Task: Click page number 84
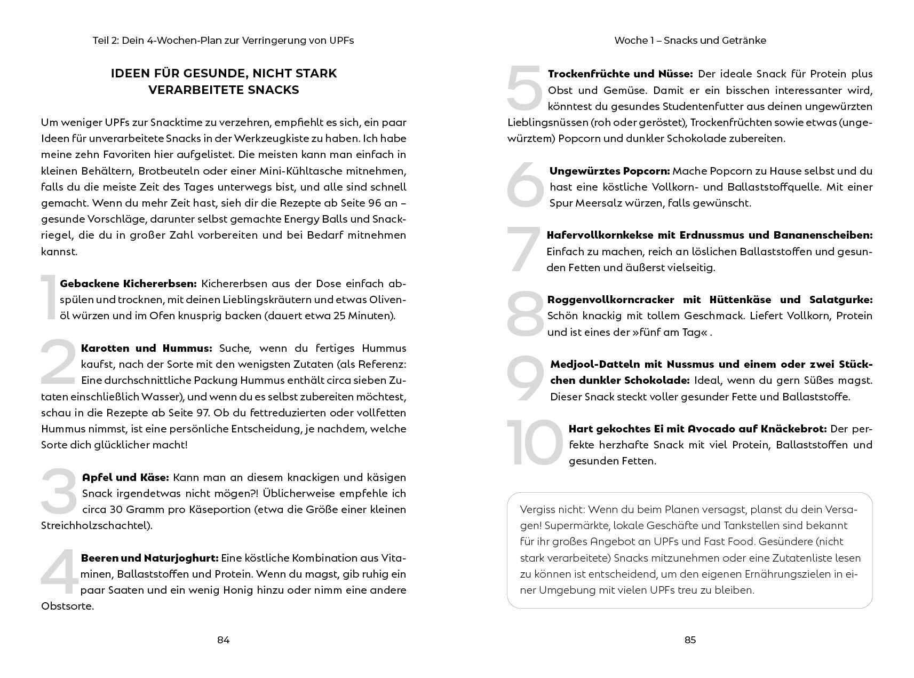(x=223, y=640)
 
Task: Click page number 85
(x=690, y=640)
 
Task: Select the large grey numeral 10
(x=535, y=443)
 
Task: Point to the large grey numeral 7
(x=524, y=250)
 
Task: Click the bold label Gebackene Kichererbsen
(x=129, y=283)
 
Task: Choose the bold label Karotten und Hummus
(x=147, y=348)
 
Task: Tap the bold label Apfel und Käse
(x=125, y=477)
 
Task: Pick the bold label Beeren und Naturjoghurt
(x=150, y=558)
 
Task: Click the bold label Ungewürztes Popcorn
(x=609, y=171)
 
